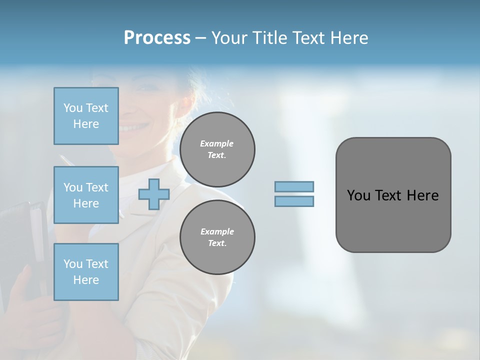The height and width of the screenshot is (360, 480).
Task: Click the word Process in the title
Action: pyautogui.click(x=157, y=38)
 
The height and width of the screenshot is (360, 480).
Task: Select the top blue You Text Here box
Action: pyautogui.click(x=86, y=116)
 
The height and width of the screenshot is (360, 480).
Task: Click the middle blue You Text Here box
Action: pyautogui.click(x=86, y=195)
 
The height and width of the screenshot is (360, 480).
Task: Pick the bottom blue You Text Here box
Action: pyautogui.click(x=86, y=272)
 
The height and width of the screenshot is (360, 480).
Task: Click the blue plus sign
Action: pyautogui.click(x=153, y=194)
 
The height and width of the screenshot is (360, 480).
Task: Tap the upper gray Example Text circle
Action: pyautogui.click(x=217, y=149)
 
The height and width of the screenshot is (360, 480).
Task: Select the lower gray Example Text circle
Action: pyautogui.click(x=217, y=237)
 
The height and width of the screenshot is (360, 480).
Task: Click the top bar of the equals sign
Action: pyautogui.click(x=294, y=186)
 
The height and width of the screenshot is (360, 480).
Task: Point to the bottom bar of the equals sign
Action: pyautogui.click(x=294, y=201)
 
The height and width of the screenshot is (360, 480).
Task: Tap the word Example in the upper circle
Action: pyautogui.click(x=217, y=143)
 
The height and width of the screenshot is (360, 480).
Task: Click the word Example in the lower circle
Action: pyautogui.click(x=217, y=231)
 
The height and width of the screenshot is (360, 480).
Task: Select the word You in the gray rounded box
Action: pyautogui.click(x=358, y=195)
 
